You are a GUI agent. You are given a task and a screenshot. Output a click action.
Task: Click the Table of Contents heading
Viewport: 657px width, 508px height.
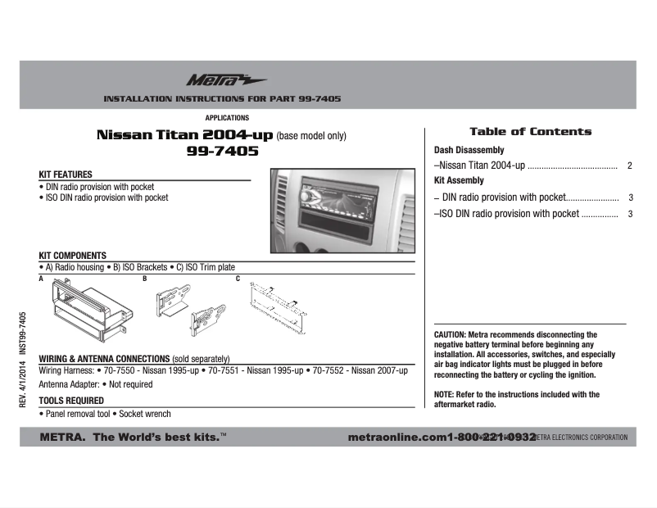[x=530, y=131]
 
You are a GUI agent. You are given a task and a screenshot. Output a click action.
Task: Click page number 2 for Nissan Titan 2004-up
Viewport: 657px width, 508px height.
[x=629, y=166]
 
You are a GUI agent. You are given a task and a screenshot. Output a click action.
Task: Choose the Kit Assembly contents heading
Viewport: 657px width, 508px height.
[x=459, y=180]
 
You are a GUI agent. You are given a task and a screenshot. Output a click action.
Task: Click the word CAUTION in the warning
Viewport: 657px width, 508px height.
[x=449, y=335]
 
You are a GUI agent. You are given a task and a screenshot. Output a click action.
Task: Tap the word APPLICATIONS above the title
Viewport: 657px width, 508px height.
[x=227, y=118]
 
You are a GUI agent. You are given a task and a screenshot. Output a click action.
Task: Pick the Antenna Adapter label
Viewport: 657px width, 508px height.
[x=69, y=384]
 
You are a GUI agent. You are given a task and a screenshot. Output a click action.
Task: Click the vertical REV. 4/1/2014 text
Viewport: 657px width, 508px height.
[x=23, y=385]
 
